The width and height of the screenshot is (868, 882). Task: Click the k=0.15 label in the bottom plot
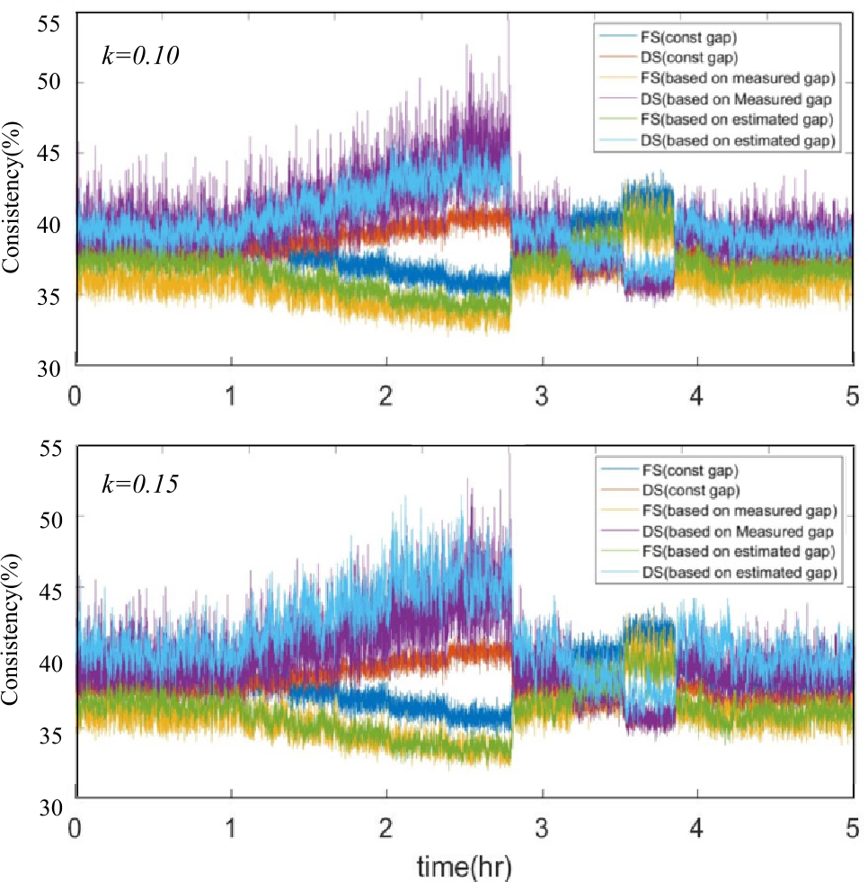pyautogui.click(x=141, y=484)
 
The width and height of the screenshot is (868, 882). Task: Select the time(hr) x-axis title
pyautogui.click(x=465, y=865)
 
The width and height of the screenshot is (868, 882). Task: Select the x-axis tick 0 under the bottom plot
pyautogui.click(x=76, y=824)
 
